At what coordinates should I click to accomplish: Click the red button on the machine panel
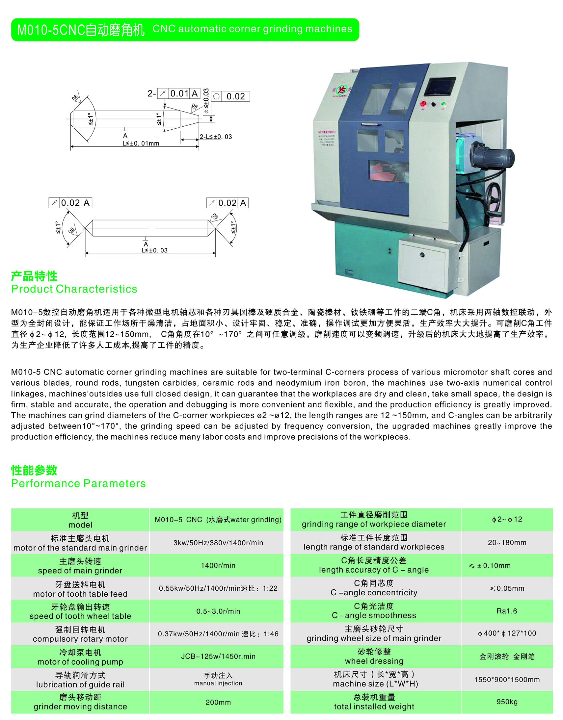pyautogui.click(x=423, y=104)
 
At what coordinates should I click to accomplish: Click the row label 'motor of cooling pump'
pyautogui.click(x=80, y=657)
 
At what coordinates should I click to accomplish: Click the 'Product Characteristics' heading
pyautogui.click(x=74, y=289)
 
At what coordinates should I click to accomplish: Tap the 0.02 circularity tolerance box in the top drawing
pyautogui.click(x=231, y=97)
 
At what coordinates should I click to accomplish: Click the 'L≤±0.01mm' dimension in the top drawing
pyautogui.click(x=141, y=143)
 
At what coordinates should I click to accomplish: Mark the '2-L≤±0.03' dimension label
pyautogui.click(x=216, y=137)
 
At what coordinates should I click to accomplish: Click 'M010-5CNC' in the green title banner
pyautogui.click(x=51, y=30)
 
